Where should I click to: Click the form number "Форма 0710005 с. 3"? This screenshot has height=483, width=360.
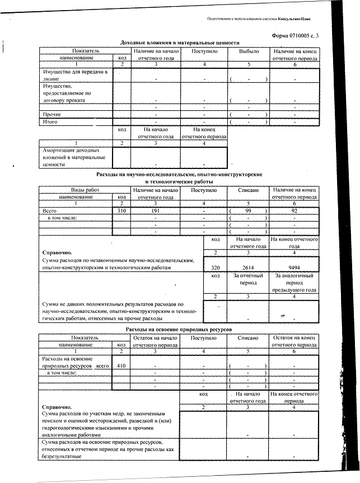coord(294,36)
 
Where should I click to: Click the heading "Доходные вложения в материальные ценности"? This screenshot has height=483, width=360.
coord(180,43)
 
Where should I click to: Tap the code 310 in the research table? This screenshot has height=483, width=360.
coord(121,211)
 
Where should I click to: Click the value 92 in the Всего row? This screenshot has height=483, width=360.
coord(294,211)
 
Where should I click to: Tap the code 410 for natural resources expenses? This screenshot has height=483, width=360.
coord(121,365)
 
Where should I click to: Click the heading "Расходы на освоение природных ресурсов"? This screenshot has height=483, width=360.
coord(179,330)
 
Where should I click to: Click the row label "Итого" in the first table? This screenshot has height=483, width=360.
coord(52,121)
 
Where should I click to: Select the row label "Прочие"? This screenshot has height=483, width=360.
coord(53,114)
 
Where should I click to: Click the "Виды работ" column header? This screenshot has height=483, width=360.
coord(76,190)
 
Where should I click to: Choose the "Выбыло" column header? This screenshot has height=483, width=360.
coord(249,50)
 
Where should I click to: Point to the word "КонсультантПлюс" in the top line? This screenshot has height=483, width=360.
coord(305,18)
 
